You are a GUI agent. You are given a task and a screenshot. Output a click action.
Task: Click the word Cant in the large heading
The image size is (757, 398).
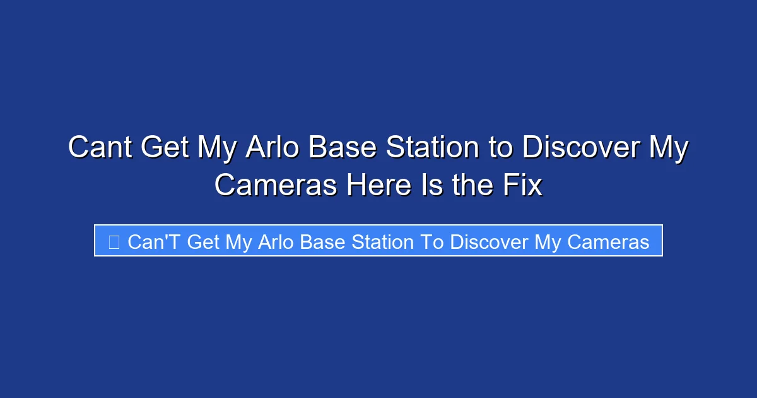pos(100,148)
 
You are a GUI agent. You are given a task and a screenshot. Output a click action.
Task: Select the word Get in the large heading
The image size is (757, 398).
pos(165,148)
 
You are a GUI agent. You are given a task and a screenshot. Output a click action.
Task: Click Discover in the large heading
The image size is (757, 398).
pos(573,148)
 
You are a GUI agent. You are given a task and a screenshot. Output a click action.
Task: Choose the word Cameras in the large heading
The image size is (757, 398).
pos(275,186)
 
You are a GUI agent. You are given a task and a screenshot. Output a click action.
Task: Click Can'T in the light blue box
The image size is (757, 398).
pos(154,242)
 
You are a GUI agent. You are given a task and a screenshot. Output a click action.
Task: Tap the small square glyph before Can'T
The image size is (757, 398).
pos(114,242)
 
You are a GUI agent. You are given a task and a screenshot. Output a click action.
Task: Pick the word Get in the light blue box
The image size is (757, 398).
pos(204,242)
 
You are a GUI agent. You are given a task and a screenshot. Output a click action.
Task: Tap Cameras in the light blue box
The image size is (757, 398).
pos(607,242)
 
